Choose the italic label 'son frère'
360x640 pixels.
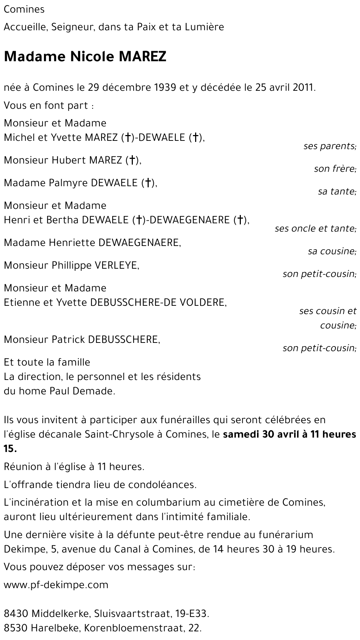pos(334,169)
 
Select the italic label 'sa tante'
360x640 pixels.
pos(337,191)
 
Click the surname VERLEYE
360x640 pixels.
pos(116,265)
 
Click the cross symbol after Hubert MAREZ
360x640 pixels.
pos(132,160)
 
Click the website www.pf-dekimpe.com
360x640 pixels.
pos(56,585)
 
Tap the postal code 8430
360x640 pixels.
pos(16,614)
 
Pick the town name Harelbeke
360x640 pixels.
pos(56,628)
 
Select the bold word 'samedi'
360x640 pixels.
pos(241,434)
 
